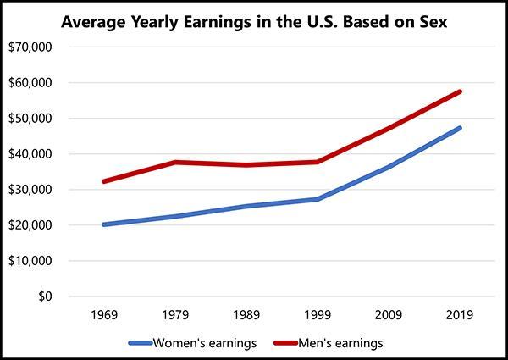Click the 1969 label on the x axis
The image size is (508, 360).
click(103, 315)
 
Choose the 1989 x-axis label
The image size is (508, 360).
click(246, 315)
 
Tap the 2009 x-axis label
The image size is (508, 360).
click(388, 315)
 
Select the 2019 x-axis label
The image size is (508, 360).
click(459, 315)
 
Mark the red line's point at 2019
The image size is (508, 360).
click(459, 91)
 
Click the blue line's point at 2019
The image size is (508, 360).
click(459, 128)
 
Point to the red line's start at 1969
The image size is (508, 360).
click(103, 181)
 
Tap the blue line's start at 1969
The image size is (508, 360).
click(103, 224)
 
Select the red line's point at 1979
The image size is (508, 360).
click(174, 162)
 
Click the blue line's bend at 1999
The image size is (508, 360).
click(317, 199)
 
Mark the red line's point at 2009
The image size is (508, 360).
click(388, 129)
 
